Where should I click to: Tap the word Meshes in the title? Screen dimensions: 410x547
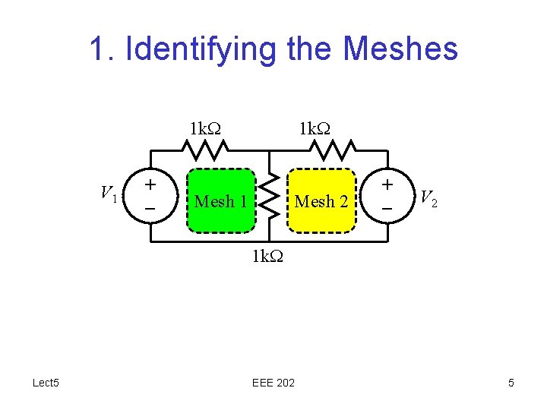coord(400,49)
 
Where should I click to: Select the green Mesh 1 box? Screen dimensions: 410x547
coord(221,200)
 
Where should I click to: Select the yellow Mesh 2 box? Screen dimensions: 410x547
coord(321,200)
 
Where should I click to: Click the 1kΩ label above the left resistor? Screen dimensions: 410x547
coord(205,128)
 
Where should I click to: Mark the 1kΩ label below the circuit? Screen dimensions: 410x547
coord(268,256)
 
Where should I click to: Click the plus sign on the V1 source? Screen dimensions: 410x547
coord(151,184)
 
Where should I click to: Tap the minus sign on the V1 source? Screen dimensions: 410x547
coord(151,207)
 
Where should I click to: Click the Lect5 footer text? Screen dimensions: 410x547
coord(46,383)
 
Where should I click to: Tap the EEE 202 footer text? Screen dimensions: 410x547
coord(273,383)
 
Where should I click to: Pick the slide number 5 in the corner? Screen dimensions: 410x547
coord(511,383)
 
